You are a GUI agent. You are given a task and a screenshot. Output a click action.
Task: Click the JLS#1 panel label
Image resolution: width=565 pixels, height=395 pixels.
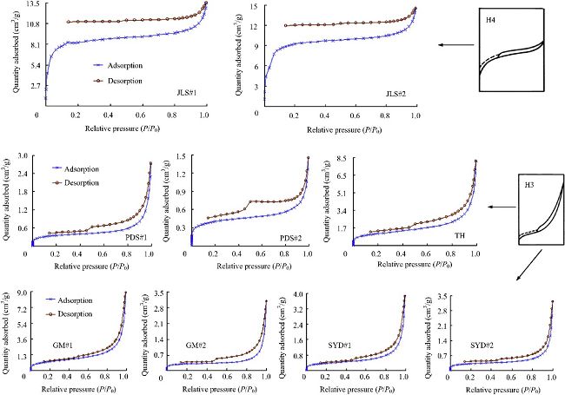pos(188,89)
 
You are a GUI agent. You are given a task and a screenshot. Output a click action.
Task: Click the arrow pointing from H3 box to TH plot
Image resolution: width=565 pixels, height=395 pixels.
pos(501,207)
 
